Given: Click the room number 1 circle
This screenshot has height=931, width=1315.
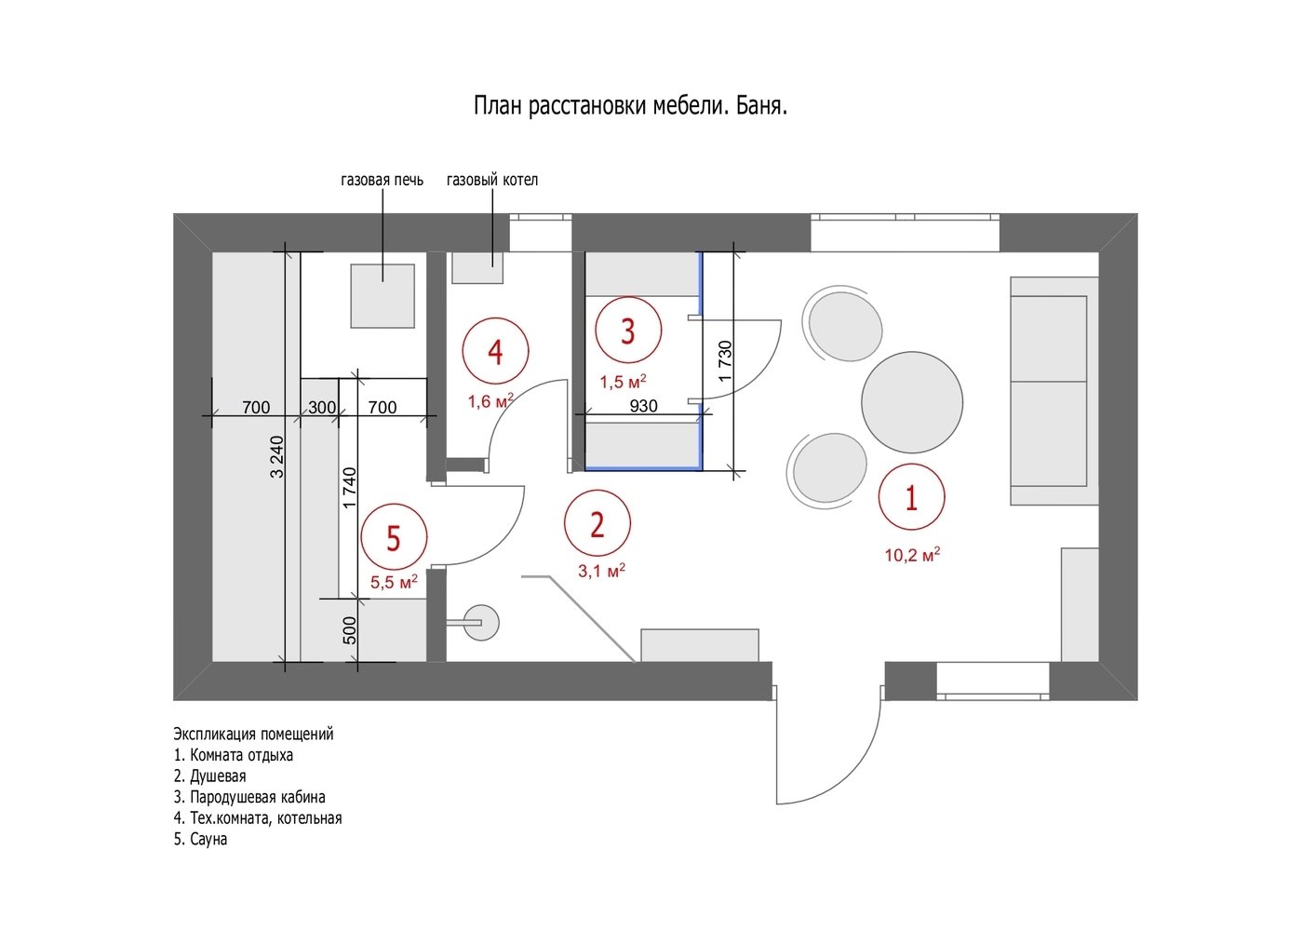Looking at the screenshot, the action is coord(911,497).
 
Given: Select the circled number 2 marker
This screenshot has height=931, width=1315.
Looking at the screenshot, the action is coord(597,524).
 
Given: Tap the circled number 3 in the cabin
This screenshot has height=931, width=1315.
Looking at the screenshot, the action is coord(628,331).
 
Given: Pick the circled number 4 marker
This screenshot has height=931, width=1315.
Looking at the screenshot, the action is coord(495,351).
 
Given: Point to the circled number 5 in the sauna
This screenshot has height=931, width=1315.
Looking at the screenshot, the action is coord(394,537).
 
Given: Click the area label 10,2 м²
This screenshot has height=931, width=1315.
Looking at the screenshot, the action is coord(912,555).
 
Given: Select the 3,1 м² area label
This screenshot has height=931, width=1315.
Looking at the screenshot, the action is coord(601,571).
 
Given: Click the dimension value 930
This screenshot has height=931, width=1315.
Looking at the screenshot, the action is coord(643,405).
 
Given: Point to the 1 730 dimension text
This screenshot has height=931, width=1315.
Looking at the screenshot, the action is coord(725,361).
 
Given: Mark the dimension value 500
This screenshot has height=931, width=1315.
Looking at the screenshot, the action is coord(349,630).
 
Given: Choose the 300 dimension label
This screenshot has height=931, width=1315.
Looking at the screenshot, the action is coord(322,407).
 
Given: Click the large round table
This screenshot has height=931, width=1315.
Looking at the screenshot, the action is coord(912,402).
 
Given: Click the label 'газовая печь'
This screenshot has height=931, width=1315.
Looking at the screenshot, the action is coord(382,180).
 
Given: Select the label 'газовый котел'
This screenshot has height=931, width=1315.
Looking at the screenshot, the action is coord(492,180).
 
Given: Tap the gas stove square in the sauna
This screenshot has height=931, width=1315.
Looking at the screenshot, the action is coord(382,296).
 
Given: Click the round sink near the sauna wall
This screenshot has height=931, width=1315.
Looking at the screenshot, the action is coord(481,623).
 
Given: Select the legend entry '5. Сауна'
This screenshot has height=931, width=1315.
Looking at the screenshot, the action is coord(200,840).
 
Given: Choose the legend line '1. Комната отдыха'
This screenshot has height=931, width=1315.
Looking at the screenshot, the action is coord(233,755).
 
